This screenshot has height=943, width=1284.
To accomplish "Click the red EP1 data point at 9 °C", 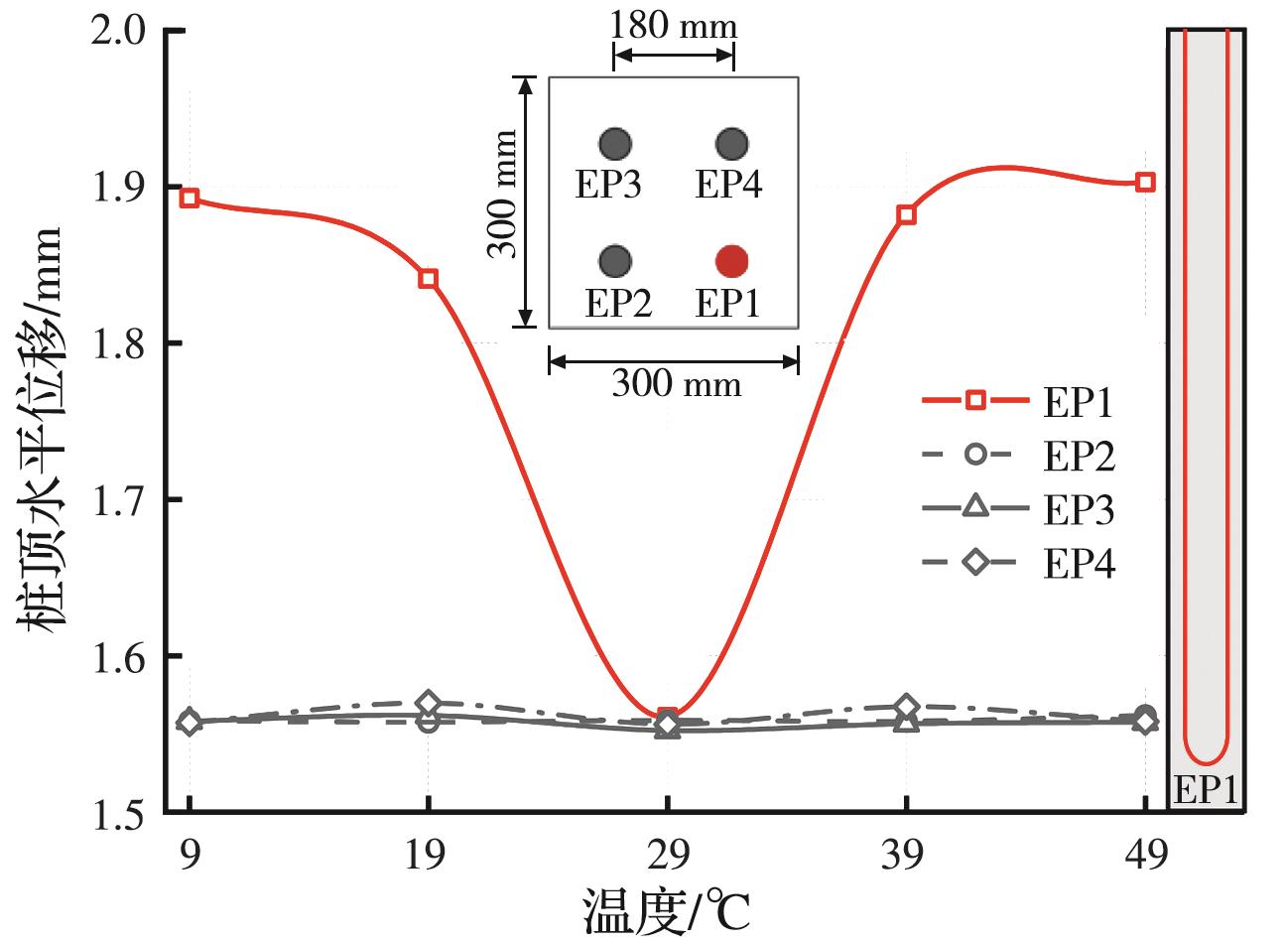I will point(190,198).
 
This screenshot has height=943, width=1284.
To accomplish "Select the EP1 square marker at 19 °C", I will point(428,278).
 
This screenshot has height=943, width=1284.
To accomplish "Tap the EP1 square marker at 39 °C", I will point(906,214).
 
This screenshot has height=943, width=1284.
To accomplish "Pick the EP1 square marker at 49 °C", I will point(1145,182).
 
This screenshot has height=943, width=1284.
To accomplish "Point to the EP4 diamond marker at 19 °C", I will point(428,703).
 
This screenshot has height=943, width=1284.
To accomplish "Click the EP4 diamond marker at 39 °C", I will point(906,707).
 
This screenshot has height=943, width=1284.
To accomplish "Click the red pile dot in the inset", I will point(732,260).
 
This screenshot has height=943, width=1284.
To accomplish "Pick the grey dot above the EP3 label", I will point(614,144).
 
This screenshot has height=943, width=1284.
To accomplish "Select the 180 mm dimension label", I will point(674,25).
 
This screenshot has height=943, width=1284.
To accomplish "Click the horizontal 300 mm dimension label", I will point(676,382).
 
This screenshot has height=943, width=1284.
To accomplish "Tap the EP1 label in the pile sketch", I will point(1206,790).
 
